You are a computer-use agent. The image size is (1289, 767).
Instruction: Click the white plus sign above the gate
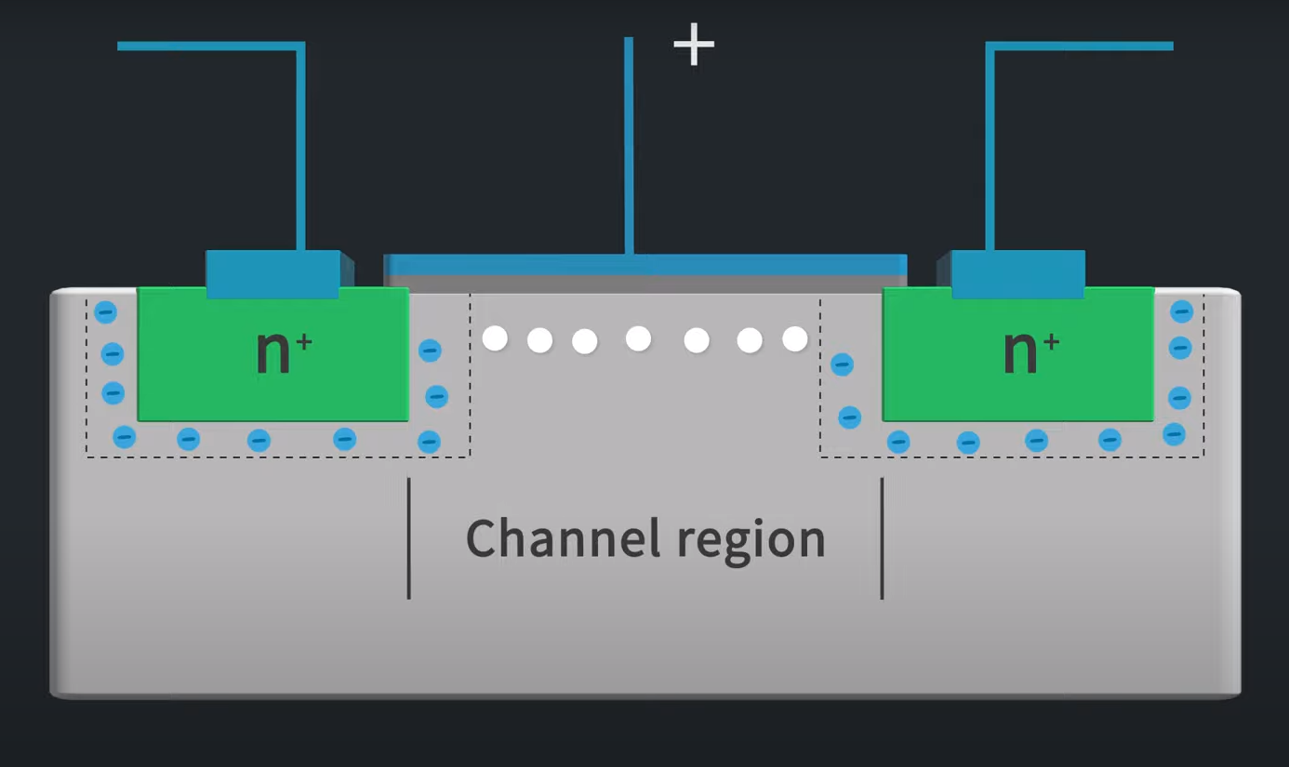[694, 45]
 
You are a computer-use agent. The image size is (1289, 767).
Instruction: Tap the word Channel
[562, 538]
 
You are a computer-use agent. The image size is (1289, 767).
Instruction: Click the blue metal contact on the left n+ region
[272, 273]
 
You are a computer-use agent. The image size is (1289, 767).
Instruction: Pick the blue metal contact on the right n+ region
[1018, 273]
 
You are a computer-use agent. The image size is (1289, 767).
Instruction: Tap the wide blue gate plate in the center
[645, 264]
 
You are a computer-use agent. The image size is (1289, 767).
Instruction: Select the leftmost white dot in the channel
[495, 338]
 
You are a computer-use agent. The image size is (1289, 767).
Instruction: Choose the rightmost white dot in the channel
[795, 338]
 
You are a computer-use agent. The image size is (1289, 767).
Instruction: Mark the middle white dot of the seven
[638, 338]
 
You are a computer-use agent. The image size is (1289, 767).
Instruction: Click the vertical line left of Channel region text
[409, 538]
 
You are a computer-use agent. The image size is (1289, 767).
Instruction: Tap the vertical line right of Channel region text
[882, 538]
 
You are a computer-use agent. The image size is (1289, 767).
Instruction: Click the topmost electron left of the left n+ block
[106, 312]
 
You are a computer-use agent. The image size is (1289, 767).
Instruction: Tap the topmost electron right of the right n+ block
[1181, 311]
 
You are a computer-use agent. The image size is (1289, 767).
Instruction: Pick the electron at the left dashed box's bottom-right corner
[429, 441]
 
